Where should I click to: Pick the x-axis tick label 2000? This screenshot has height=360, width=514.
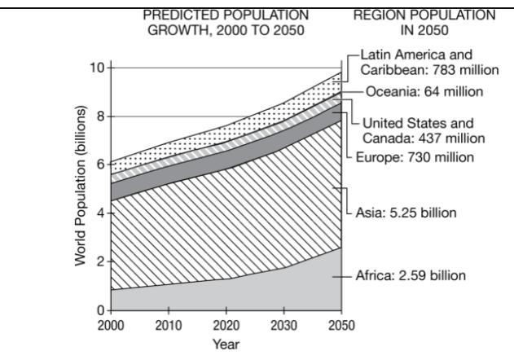click(110, 326)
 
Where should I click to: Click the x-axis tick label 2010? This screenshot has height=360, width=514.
click(168, 326)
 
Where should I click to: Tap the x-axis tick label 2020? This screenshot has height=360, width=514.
click(226, 326)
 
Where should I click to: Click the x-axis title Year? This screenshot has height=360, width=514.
click(226, 345)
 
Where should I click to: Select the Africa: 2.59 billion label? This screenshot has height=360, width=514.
click(411, 275)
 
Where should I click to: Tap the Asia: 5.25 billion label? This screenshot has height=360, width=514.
click(405, 213)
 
